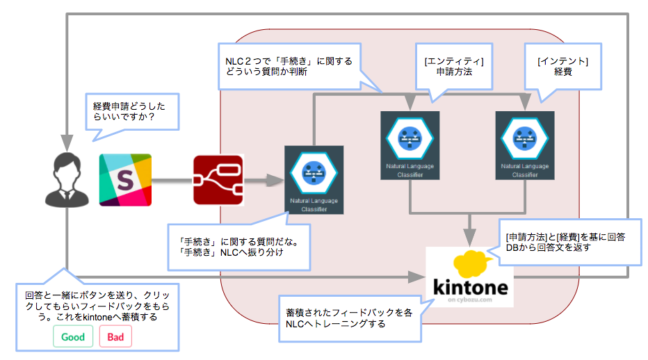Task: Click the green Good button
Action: tap(73, 337)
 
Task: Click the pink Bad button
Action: tap(115, 337)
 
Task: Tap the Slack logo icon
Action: tap(125, 179)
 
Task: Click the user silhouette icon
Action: tap(66, 180)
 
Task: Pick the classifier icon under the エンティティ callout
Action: tap(410, 137)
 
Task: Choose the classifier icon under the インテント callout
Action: tap(525, 137)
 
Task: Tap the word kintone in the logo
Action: tap(470, 288)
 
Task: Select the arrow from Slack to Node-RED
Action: tap(172, 180)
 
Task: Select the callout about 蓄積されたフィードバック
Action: tap(349, 318)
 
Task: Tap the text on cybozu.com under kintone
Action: tap(471, 300)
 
